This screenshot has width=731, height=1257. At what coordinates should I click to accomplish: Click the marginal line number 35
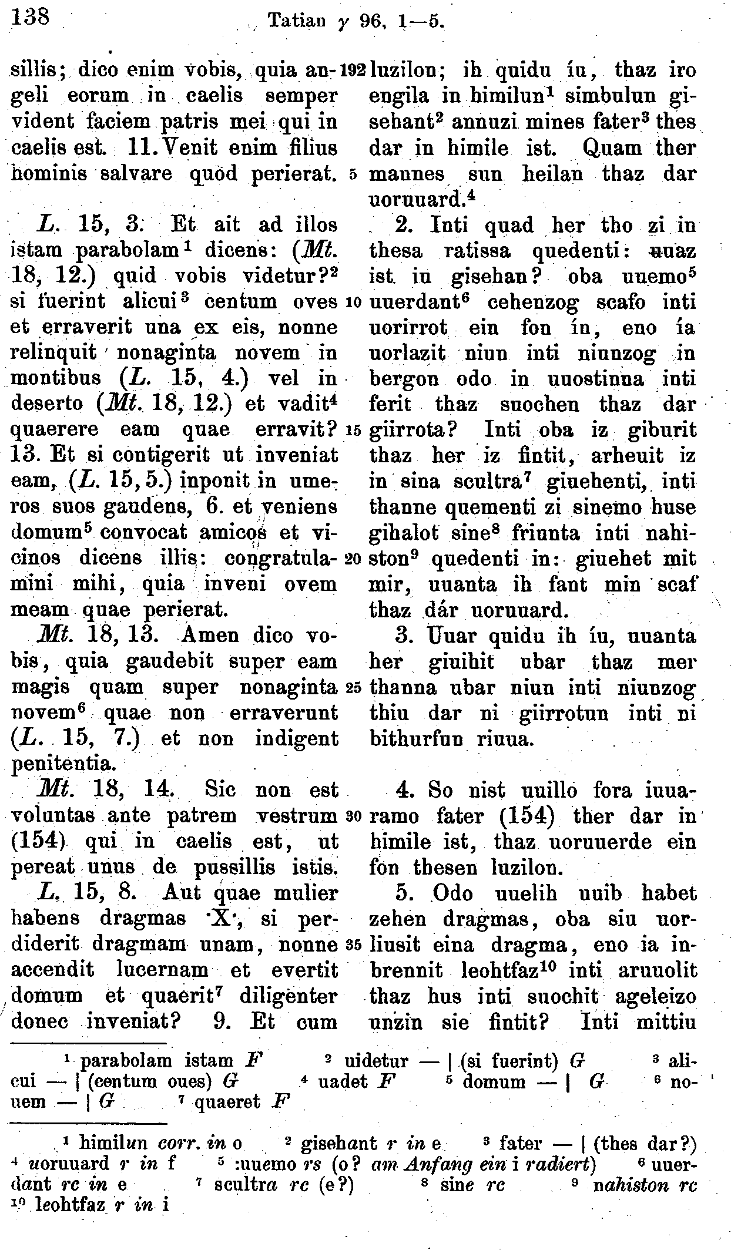pos(354,946)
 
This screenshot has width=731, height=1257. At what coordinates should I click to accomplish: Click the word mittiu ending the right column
pos(666,1022)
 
